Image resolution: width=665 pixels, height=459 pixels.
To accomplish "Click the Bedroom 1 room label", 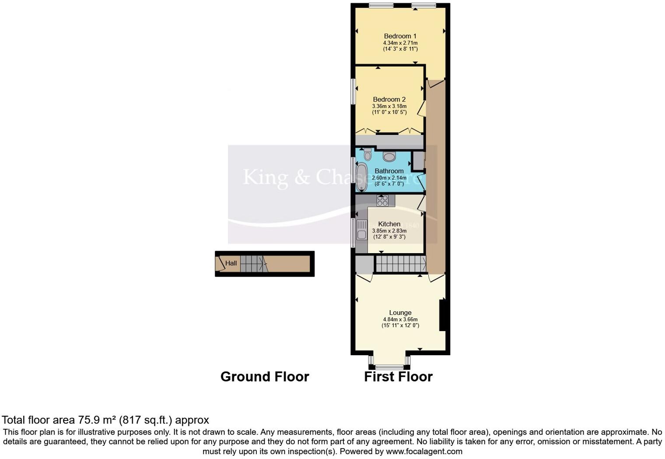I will tap(400, 36).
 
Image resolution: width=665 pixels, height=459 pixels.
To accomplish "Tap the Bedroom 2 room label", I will tap(389, 99).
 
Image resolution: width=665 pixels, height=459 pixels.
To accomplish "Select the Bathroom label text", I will tap(389, 171).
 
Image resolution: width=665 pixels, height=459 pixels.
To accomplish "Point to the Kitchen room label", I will tap(389, 224).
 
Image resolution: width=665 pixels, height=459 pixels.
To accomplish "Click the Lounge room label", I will tap(400, 313).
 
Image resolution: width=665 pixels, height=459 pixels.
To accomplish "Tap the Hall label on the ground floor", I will tap(231, 263).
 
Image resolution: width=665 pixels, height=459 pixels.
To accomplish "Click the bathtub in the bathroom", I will tap(361, 177).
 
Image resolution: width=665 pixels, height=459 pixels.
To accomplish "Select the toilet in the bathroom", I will tap(367, 154).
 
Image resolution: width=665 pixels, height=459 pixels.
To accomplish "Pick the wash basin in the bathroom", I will tap(389, 156).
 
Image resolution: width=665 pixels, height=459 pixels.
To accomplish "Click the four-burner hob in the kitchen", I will tap(382, 201).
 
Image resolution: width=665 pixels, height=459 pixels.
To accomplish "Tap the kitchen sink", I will tap(361, 230).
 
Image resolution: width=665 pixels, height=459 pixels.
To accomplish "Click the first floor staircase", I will tap(401, 264).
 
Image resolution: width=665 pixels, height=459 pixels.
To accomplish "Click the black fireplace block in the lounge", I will tap(442, 314).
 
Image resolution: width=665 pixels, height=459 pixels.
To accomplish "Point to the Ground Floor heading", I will tap(265, 377).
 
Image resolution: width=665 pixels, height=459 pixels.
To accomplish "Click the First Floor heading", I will tap(398, 377).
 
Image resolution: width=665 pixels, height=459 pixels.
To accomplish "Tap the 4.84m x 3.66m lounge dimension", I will tap(400, 320).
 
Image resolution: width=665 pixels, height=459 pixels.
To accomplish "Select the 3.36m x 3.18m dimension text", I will tap(389, 106).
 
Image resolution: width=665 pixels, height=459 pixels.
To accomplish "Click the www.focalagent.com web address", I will tap(424, 451).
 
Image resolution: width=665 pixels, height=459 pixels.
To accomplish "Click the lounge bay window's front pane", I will tap(389, 367).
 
